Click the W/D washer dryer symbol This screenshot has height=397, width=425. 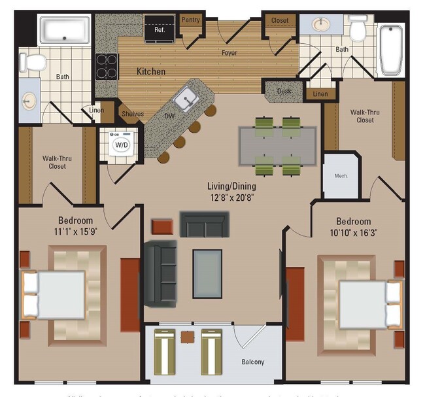click(122, 144)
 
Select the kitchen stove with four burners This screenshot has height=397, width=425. click(107, 65)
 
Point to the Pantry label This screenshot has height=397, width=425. click(190, 20)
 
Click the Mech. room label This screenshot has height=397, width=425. click(341, 176)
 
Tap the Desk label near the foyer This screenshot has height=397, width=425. click(284, 92)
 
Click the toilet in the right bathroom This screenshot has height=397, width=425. click(358, 28)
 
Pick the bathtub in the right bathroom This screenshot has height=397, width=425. click(392, 50)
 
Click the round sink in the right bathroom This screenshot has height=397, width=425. click(320, 25)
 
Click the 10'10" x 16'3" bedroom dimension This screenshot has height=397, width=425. click(354, 233)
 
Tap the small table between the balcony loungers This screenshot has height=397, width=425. click(188, 337)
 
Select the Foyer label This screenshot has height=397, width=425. click(229, 53)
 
